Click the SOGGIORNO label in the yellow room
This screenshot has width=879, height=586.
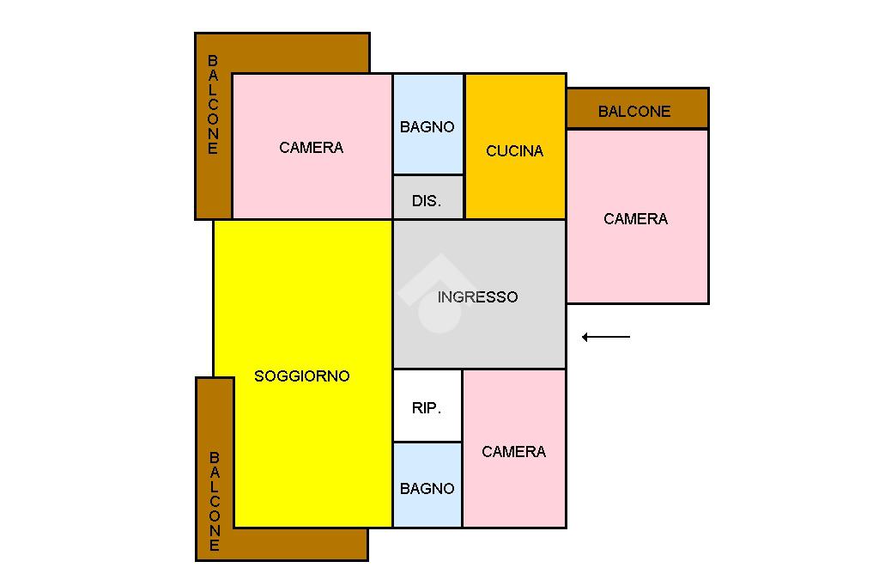[x=302, y=376]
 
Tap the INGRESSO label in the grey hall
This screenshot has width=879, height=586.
[x=477, y=297]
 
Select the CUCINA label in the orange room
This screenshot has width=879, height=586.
[x=514, y=151]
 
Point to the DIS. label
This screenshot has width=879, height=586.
[x=427, y=201]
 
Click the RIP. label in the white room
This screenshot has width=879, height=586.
[x=427, y=408]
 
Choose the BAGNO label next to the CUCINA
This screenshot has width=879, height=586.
[x=427, y=127]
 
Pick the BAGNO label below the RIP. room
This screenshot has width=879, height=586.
[x=427, y=489]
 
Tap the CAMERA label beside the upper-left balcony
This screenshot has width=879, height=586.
[x=311, y=148]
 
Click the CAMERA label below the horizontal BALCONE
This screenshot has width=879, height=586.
[x=635, y=219]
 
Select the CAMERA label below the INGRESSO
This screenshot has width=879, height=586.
[x=513, y=452]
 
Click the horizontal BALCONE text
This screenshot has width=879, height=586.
[x=634, y=112]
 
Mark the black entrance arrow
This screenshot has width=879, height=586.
[x=606, y=337]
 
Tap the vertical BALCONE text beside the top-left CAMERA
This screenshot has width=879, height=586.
[x=213, y=105]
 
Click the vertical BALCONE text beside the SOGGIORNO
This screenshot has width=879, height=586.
[x=214, y=502]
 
